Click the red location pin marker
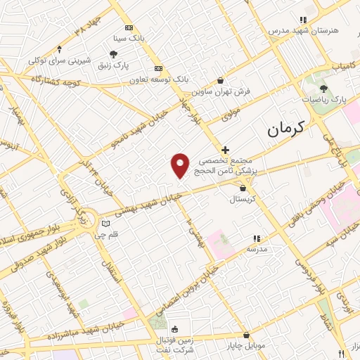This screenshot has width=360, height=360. click(x=181, y=165)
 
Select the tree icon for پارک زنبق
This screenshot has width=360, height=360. click(x=112, y=53)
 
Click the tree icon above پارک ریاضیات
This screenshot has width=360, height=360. click(x=323, y=89)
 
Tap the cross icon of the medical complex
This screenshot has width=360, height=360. click(x=225, y=150)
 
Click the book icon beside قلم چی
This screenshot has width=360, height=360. click(x=105, y=224)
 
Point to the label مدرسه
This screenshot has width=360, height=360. click(x=257, y=250)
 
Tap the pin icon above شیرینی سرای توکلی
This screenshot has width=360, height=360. click(x=59, y=49)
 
